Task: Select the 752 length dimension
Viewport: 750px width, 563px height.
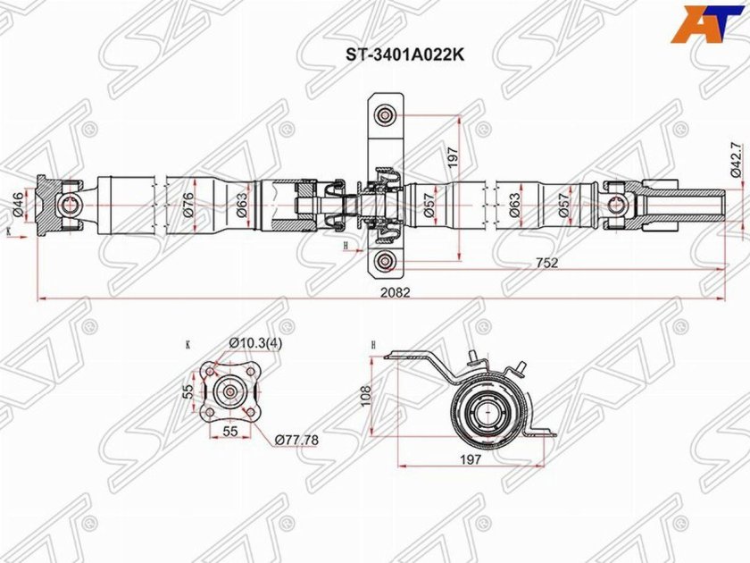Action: tap(547, 262)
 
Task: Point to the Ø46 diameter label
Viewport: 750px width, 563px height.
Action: tap(17, 205)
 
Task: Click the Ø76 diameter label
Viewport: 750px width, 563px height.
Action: tap(188, 205)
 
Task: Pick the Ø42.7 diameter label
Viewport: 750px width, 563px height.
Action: tap(735, 162)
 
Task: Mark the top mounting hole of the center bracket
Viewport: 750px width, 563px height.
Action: tap(385, 114)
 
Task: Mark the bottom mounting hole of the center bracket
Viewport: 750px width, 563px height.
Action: tap(385, 260)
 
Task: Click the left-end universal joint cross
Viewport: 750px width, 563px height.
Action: tap(68, 205)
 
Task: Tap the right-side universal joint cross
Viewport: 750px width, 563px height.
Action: tap(615, 204)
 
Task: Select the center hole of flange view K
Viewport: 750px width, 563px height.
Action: tap(230, 391)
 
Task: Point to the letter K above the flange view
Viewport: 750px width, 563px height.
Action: tap(188, 343)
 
